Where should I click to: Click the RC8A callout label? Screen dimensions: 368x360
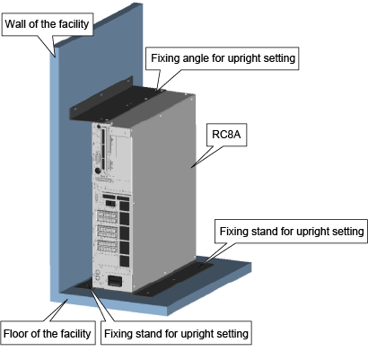coord(226,135)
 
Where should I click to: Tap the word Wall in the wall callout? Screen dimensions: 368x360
coord(15,24)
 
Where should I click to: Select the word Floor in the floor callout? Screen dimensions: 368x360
coord(14,333)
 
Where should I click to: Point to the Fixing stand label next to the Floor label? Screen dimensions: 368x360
coord(176,333)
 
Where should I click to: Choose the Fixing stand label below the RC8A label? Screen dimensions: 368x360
coord(292,232)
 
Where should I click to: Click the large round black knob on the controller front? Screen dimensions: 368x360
coord(98,171)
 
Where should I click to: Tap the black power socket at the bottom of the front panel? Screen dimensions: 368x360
coord(115,281)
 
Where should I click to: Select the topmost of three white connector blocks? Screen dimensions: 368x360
coord(107,216)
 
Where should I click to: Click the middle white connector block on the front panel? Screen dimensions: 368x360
coord(107,232)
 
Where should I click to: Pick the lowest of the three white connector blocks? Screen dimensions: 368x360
coord(107,246)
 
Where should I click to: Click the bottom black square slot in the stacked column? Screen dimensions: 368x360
coord(124,261)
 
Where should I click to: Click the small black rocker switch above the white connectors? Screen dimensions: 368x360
coord(110,204)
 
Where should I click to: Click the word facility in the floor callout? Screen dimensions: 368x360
coord(75,333)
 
